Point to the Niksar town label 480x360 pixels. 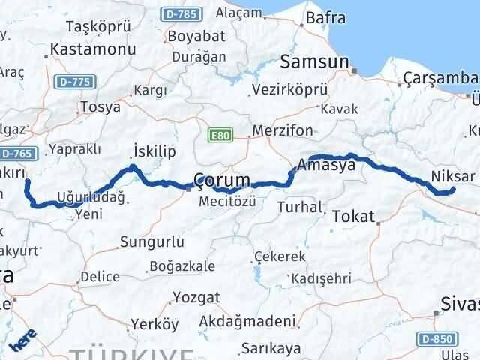[x=454, y=177]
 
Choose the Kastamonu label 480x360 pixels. [x=92, y=50]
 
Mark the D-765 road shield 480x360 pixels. [x=14, y=153]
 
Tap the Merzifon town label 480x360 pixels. [x=283, y=130]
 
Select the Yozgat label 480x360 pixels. [x=196, y=297]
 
